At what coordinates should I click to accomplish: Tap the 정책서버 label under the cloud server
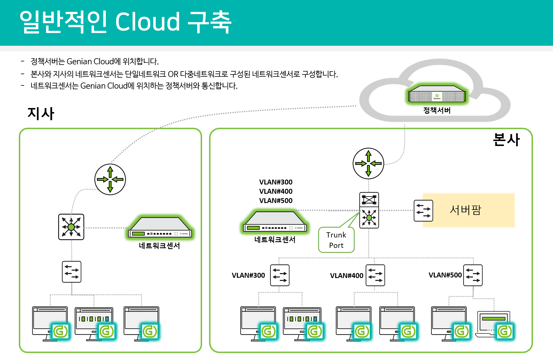tap(437, 110)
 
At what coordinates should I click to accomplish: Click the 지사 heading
tap(41, 113)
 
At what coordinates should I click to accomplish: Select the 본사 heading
tap(506, 140)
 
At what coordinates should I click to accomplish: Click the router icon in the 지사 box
tap(110, 179)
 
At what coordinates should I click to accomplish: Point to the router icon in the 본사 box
tap(368, 163)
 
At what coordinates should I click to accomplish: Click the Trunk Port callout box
tap(336, 240)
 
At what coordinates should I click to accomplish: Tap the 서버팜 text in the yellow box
tap(465, 210)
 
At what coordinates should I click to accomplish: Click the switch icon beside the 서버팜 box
tap(423, 211)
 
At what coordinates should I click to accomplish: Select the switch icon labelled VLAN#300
tap(279, 275)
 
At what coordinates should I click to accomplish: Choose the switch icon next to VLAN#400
tap(375, 275)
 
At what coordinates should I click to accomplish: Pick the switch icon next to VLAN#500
tap(473, 275)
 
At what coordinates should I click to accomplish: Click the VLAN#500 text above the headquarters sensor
tap(276, 200)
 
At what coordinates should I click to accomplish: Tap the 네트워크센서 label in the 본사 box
tap(275, 240)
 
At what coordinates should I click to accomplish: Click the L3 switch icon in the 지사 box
tap(71, 227)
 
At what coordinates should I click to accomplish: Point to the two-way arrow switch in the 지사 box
tap(72, 272)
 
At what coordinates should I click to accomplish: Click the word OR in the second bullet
tap(173, 74)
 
